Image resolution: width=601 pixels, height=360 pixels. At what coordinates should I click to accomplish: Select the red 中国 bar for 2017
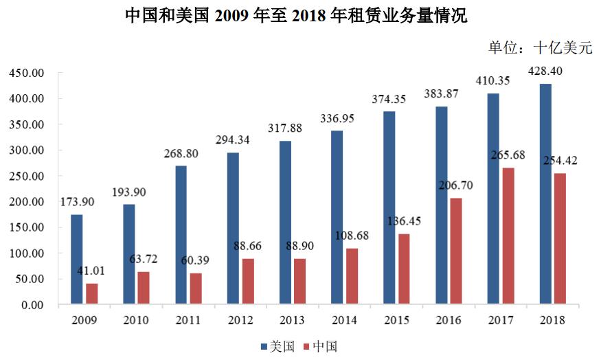coord(508,236)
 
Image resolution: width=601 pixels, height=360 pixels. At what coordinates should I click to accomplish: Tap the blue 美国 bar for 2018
coord(545,194)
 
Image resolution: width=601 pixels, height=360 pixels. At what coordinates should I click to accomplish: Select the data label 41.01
coord(92,271)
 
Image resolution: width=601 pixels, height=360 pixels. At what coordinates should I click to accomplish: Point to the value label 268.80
coord(181,154)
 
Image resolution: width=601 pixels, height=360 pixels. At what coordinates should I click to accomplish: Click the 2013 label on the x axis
coord(292,320)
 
